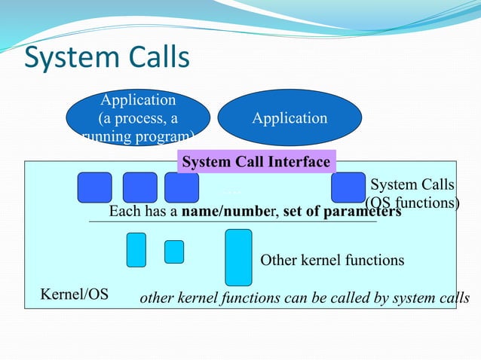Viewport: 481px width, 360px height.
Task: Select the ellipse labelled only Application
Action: coord(290,118)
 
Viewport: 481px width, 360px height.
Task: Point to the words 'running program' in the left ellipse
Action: coord(138,136)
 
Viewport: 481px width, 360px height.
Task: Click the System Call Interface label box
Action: coord(256,162)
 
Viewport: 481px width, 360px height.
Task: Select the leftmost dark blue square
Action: coord(94,188)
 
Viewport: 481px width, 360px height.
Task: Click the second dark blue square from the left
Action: coord(139,188)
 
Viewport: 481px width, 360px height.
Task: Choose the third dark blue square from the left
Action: coord(181,188)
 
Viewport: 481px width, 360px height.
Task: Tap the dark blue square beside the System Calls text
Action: coord(348,188)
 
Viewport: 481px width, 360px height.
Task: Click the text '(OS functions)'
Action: coord(412,202)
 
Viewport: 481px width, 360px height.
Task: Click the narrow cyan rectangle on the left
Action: coord(136,250)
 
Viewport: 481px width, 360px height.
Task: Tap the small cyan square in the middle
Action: coord(174,252)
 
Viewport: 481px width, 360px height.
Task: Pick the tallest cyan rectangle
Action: coord(238,258)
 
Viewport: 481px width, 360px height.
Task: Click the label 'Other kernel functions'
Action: coord(332,261)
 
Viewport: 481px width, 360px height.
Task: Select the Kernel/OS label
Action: coord(74,294)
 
